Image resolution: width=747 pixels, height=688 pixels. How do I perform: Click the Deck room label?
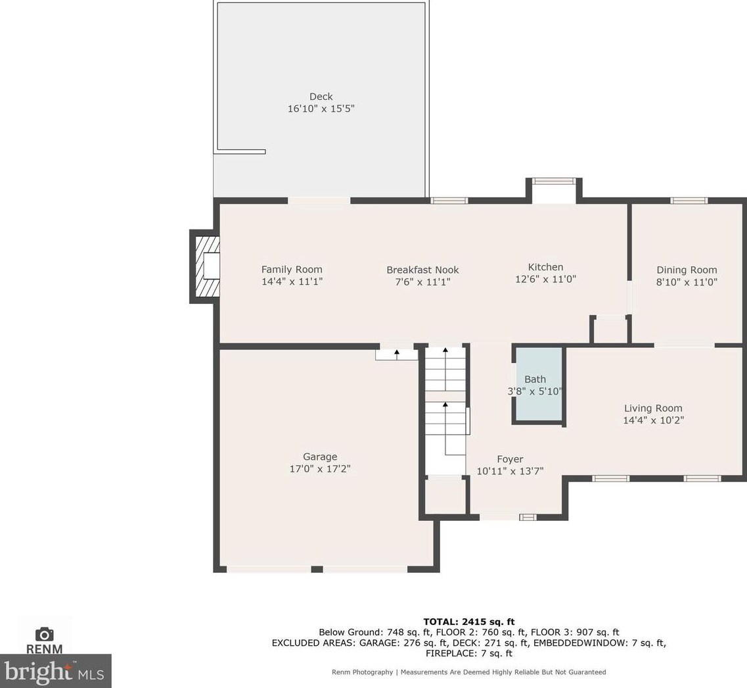coord(321,97)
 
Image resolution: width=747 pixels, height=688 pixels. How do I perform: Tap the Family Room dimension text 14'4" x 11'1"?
coord(292,282)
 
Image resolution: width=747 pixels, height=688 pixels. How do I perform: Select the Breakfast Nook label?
coord(422,270)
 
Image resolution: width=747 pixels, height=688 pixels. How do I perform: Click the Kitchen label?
coord(545,267)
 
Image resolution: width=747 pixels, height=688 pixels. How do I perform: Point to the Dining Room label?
coord(687,270)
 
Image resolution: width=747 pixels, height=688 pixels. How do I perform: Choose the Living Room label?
coord(653,408)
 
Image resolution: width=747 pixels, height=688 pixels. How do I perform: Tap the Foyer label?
coord(510,459)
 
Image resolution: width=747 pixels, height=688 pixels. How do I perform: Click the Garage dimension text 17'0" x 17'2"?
coord(320,469)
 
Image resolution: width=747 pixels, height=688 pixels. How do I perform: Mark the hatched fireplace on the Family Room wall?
coord(205,266)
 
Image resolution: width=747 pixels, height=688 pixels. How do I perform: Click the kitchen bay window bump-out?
coord(553,190)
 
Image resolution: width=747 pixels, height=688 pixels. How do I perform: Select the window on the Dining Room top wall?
coord(689,201)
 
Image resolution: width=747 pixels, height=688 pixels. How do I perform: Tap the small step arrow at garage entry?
coord(396,354)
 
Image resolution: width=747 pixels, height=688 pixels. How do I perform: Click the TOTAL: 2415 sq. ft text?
coord(469,622)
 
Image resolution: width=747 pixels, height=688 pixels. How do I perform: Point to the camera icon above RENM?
coord(44,634)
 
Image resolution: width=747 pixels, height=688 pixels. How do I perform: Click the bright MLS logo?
coord(55,671)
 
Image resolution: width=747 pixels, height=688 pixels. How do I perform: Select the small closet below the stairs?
coord(445,497)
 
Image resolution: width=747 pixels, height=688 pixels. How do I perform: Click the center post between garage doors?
coord(317,568)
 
